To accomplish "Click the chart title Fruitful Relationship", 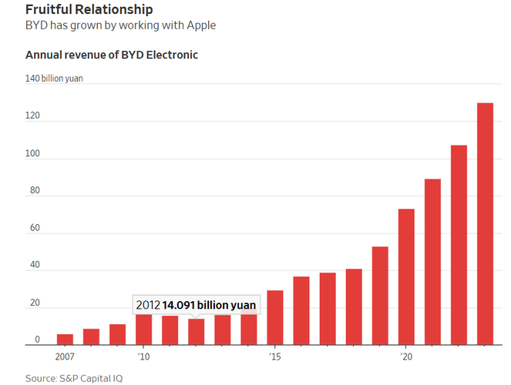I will tap(89, 10).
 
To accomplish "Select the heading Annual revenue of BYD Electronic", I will tap(112, 55).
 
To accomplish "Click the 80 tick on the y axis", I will tap(31, 191).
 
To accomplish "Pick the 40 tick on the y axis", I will tap(31, 266).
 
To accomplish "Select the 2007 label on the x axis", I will tap(66, 357).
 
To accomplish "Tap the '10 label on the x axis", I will tap(143, 357).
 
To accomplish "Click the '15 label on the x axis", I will tap(274, 357).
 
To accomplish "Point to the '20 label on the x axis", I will tap(405, 357).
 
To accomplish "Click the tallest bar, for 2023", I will tap(485, 223).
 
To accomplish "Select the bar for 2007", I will tap(66, 340).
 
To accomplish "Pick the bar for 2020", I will tap(406, 277).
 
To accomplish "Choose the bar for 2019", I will tap(380, 296).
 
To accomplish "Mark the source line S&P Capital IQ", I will tap(74, 378).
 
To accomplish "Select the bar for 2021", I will tap(432, 262).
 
